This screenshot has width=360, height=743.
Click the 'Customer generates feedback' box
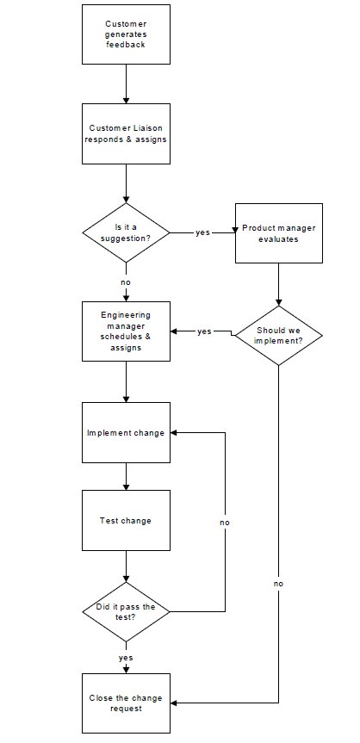point(126,34)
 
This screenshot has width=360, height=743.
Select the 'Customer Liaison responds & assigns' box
point(126,133)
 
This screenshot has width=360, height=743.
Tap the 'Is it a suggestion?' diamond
point(126,232)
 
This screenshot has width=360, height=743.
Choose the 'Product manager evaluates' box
point(278,233)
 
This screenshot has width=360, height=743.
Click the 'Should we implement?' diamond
point(278,335)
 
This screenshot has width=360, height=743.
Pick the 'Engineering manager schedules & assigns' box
point(126,331)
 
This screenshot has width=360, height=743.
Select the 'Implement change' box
point(126,433)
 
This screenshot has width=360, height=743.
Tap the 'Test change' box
point(126,521)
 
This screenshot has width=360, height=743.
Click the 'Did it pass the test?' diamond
point(126,611)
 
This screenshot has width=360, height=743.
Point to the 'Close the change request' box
point(126,703)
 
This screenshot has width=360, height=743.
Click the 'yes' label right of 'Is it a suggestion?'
point(202,232)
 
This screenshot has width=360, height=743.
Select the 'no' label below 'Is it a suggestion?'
point(126,282)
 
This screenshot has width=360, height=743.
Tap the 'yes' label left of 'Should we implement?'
point(204,331)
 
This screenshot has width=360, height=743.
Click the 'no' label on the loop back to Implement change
point(225,523)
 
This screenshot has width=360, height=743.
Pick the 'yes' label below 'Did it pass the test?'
point(126,658)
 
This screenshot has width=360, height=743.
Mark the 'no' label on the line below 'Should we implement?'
point(278,584)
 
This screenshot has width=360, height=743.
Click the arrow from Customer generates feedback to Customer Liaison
point(126,84)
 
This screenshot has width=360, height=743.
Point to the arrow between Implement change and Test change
point(126,477)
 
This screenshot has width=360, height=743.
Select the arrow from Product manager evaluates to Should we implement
point(278,284)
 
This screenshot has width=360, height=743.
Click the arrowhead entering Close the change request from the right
point(175,703)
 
